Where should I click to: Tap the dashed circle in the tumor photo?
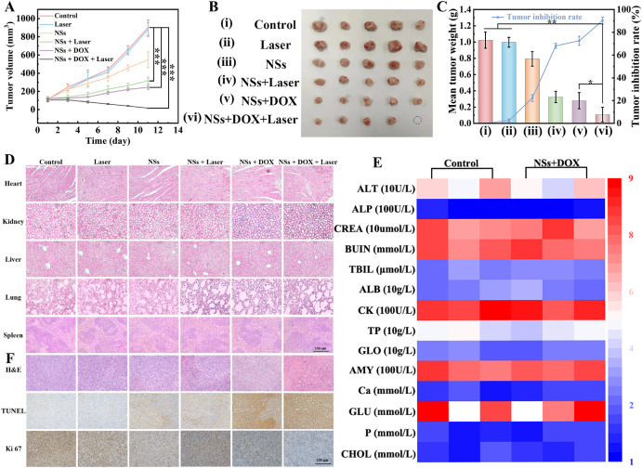point(416,120)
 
